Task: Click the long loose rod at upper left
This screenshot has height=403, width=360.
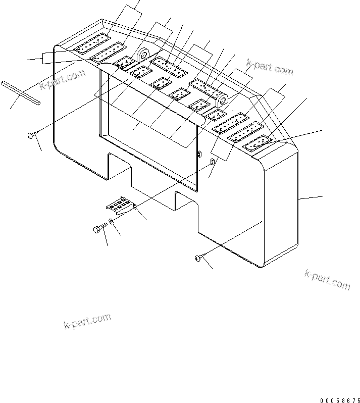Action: pyautogui.click(x=21, y=93)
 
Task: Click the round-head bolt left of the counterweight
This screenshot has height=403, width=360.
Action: pyautogui.click(x=31, y=135)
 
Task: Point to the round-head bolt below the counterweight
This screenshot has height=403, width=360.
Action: pyautogui.click(x=198, y=259)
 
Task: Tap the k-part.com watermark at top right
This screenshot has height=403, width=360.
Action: pyautogui.click(x=270, y=67)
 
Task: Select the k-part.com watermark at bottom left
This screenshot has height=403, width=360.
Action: pyautogui.click(x=87, y=321)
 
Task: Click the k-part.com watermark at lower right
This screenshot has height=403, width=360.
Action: pyautogui.click(x=327, y=279)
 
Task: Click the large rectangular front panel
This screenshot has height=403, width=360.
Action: pyautogui.click(x=146, y=131)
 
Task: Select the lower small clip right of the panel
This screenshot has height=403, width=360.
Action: pyautogui.click(x=212, y=162)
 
